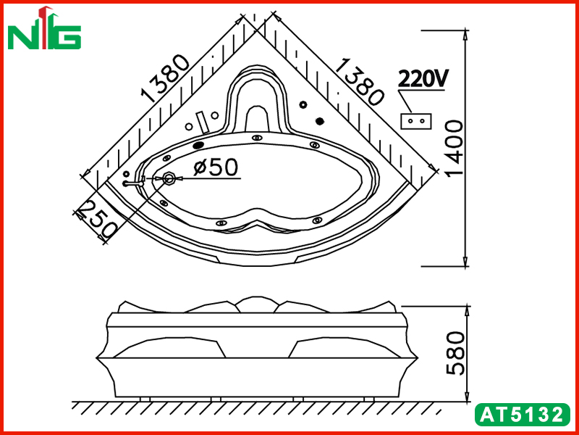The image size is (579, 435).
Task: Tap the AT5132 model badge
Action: [x=522, y=415]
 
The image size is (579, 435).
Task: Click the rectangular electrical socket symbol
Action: [x=415, y=121]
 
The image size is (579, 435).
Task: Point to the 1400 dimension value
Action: [x=454, y=149]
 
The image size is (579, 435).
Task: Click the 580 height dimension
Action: [x=455, y=353]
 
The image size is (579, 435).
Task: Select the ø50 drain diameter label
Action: [x=216, y=167]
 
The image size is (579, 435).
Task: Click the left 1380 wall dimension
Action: [x=166, y=78]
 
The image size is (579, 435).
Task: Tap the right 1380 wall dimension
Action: [x=360, y=81]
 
